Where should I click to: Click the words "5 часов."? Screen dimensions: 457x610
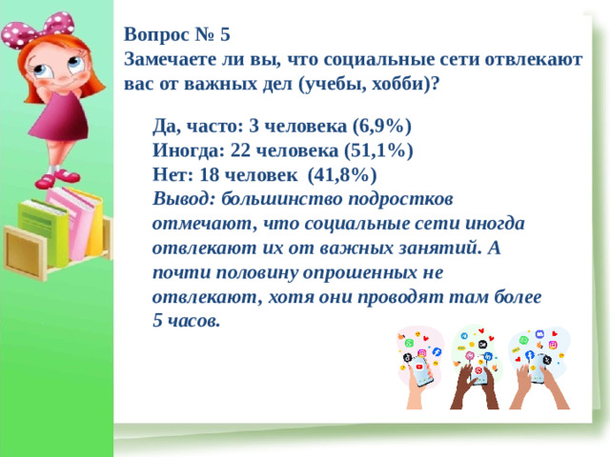187,322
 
